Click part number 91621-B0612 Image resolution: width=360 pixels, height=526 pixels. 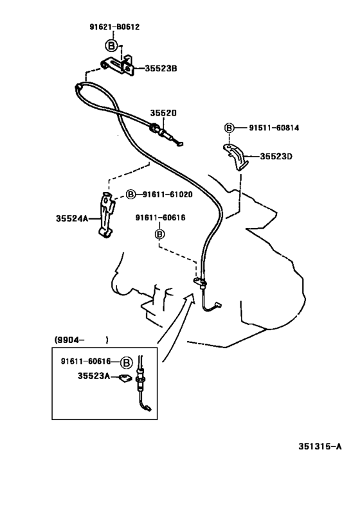pyautogui.click(x=114, y=27)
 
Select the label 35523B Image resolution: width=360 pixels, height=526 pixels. pyautogui.click(x=161, y=69)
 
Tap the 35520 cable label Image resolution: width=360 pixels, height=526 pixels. pyautogui.click(x=163, y=113)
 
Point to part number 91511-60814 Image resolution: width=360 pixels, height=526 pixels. pyautogui.click(x=274, y=128)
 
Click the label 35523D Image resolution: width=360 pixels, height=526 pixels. pyautogui.click(x=276, y=156)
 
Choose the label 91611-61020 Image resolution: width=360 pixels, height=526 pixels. pyautogui.click(x=168, y=194)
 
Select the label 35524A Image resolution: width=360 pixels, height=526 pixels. pyautogui.click(x=72, y=218)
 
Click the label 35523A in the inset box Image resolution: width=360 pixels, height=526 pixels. pyautogui.click(x=94, y=376)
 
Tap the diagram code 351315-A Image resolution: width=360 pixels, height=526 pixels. pyautogui.click(x=320, y=446)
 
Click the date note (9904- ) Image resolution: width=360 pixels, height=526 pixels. pyautogui.click(x=81, y=340)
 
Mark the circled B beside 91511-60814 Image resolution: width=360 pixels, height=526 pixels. pyautogui.click(x=229, y=128)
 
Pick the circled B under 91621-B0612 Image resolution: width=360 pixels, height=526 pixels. pyautogui.click(x=111, y=46)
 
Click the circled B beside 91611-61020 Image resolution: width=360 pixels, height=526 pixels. pyautogui.click(x=130, y=194)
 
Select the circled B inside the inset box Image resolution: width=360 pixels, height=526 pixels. pyautogui.click(x=126, y=362)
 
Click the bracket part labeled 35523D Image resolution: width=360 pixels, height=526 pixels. pyautogui.click(x=237, y=156)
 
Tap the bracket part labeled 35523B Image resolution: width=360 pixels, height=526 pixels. pyautogui.click(x=118, y=66)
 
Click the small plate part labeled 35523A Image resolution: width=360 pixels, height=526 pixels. pyautogui.click(x=125, y=378)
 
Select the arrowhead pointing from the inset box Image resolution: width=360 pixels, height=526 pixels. pyautogui.click(x=190, y=297)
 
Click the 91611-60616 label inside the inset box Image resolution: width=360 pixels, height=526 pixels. pyautogui.click(x=85, y=362)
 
